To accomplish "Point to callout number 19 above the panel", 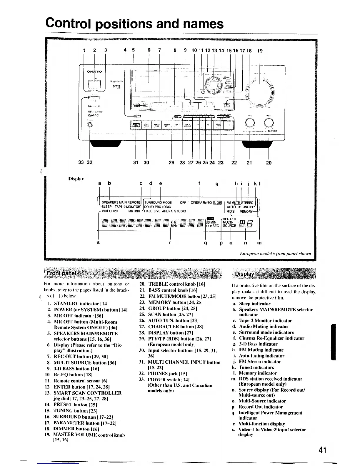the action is coord(260,50).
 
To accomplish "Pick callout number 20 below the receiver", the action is coord(269,162).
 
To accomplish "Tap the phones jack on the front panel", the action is coord(90,125).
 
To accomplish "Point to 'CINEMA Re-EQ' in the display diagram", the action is coord(201,202).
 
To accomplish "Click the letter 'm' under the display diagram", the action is coord(259,243).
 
